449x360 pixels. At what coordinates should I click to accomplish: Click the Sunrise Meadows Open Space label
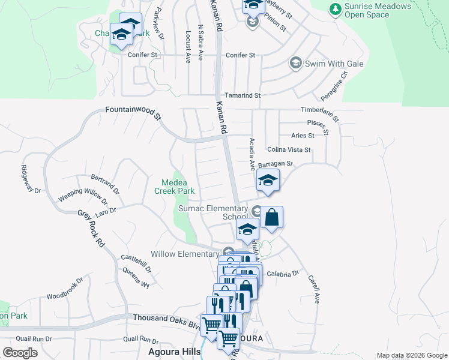click(x=378, y=11)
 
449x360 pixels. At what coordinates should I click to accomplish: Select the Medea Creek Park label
click(x=175, y=187)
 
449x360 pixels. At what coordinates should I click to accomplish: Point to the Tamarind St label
click(x=243, y=95)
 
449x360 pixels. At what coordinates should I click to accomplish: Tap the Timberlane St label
click(x=320, y=112)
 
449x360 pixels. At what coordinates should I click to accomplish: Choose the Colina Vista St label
click(x=289, y=150)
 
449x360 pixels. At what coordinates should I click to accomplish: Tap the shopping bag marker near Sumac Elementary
click(x=271, y=218)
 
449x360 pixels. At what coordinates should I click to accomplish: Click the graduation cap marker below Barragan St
click(x=268, y=182)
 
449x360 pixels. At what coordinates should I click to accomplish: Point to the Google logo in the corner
click(x=20, y=352)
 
